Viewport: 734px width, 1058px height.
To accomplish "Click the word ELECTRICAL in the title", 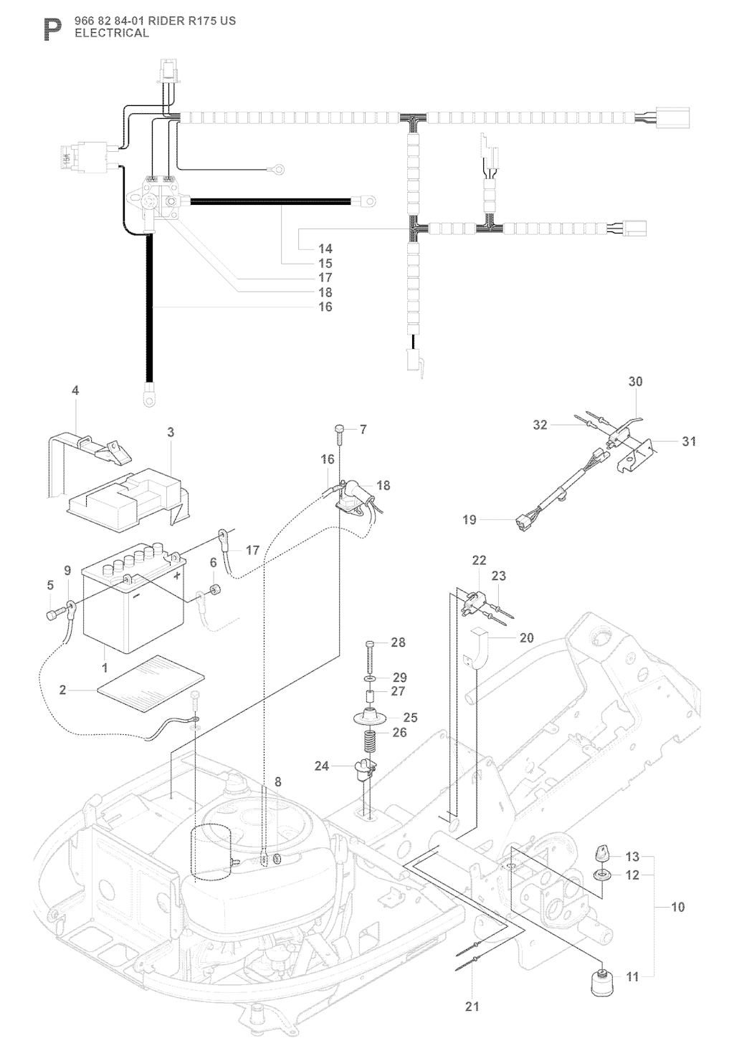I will [112, 33].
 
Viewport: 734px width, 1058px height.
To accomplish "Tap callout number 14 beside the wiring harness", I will [325, 249].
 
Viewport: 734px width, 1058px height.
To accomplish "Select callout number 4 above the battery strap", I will [75, 390].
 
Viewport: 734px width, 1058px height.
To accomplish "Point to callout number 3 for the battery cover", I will [171, 432].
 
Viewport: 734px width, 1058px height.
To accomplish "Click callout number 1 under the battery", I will [105, 668].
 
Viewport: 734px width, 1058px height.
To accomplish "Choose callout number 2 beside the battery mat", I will [63, 691].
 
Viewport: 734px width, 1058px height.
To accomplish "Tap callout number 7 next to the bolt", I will [363, 430].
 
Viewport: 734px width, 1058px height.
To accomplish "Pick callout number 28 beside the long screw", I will [398, 643].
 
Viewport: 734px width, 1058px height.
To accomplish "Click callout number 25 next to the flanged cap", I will [411, 718].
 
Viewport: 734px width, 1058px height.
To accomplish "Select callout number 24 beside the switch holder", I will [322, 766].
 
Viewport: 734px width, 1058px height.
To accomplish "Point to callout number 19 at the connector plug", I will [470, 519].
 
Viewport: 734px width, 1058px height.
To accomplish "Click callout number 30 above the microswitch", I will [636, 382].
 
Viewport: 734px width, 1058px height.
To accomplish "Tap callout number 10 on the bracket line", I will [677, 907].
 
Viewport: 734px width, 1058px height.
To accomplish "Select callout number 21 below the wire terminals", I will [472, 1006].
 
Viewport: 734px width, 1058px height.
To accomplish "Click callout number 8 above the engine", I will [277, 783].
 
